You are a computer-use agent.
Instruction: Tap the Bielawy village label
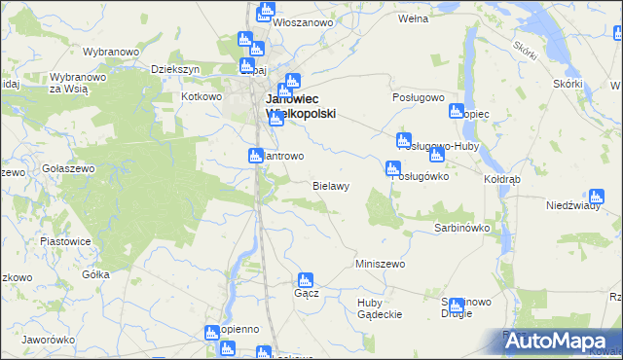[x=330, y=184]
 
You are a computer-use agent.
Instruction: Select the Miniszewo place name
[x=380, y=264]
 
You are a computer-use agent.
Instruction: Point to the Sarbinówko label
[x=460, y=228]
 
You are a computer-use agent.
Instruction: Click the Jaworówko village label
[x=48, y=340]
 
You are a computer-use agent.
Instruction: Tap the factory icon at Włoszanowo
[x=265, y=12]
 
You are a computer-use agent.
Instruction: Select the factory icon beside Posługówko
[x=393, y=168]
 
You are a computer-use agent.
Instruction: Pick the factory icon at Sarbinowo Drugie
[x=457, y=306]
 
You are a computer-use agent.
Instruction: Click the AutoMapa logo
[x=554, y=342]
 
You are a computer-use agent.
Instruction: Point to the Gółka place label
[x=95, y=274]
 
